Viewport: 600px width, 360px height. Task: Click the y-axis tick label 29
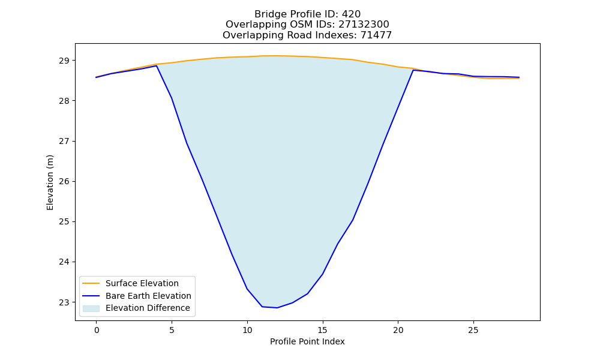(64, 61)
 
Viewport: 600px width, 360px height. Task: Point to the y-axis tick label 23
(64, 302)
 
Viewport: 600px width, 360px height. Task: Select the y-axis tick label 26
(64, 181)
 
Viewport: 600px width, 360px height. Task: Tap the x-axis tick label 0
(97, 330)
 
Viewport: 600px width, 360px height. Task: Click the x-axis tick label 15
(323, 330)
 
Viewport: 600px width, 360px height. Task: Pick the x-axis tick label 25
(473, 330)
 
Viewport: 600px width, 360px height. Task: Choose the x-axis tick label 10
(247, 330)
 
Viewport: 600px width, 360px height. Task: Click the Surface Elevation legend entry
(131, 283)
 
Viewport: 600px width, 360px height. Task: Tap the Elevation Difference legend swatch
(91, 308)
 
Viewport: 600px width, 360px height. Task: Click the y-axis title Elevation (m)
(50, 182)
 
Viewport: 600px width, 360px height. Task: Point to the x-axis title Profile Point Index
(307, 341)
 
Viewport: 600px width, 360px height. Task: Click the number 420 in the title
(351, 14)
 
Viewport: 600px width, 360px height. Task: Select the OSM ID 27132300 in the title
(364, 25)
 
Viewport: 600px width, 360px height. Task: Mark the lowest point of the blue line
(277, 308)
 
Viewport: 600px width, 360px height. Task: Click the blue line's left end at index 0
(97, 77)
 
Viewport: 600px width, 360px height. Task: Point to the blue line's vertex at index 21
(413, 70)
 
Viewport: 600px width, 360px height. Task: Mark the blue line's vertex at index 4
(157, 66)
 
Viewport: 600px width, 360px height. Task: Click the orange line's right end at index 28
(519, 78)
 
